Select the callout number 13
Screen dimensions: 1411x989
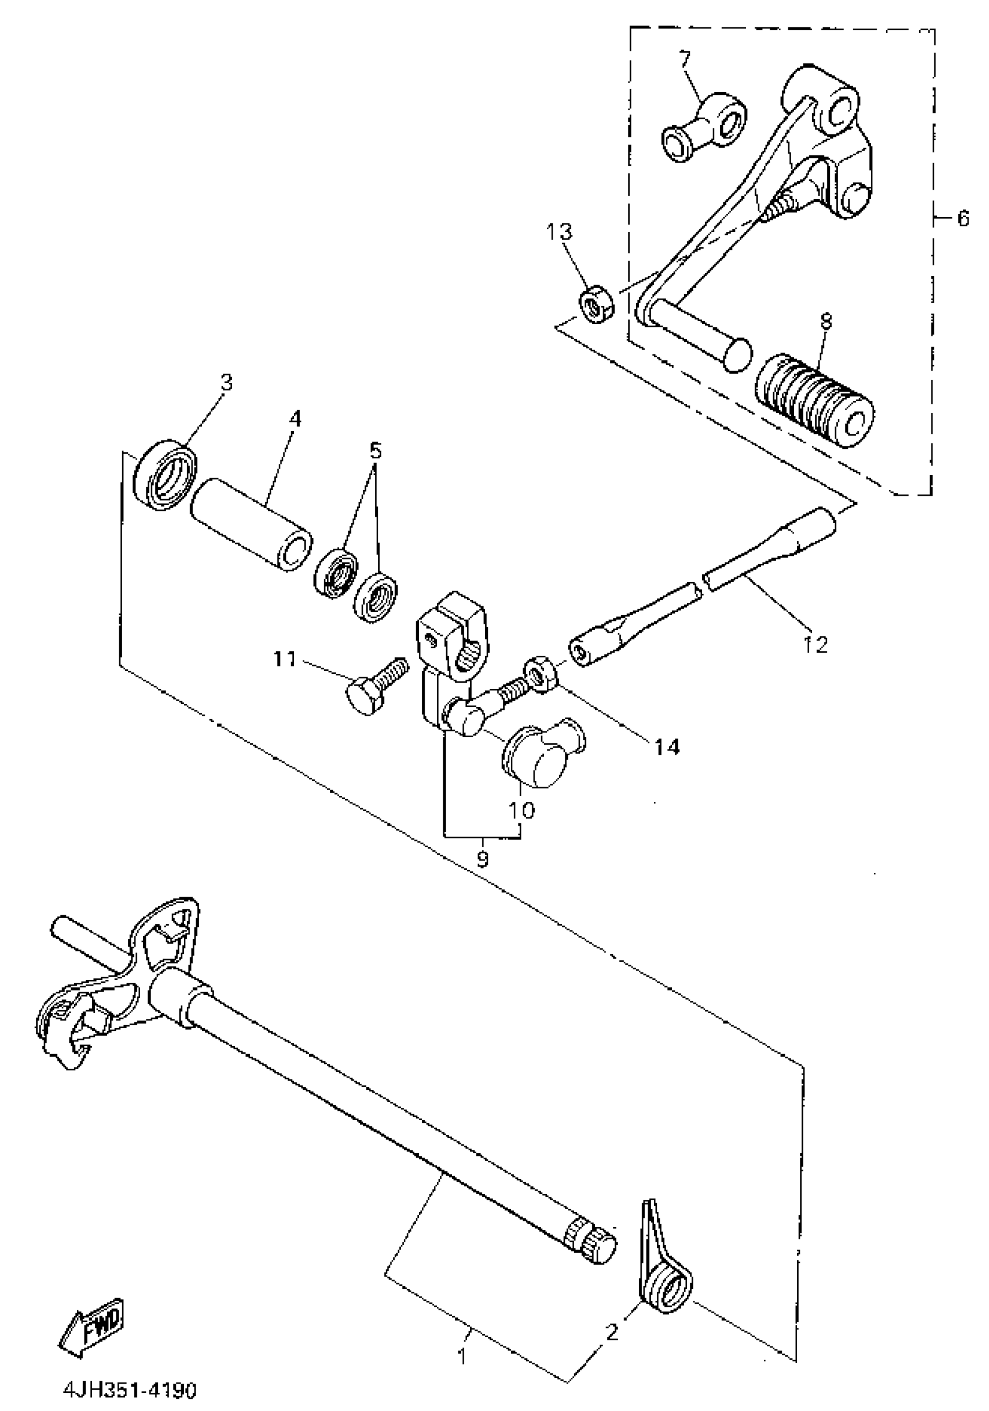[559, 232]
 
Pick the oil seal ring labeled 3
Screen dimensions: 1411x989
[165, 473]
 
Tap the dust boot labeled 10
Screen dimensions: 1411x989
[540, 755]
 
